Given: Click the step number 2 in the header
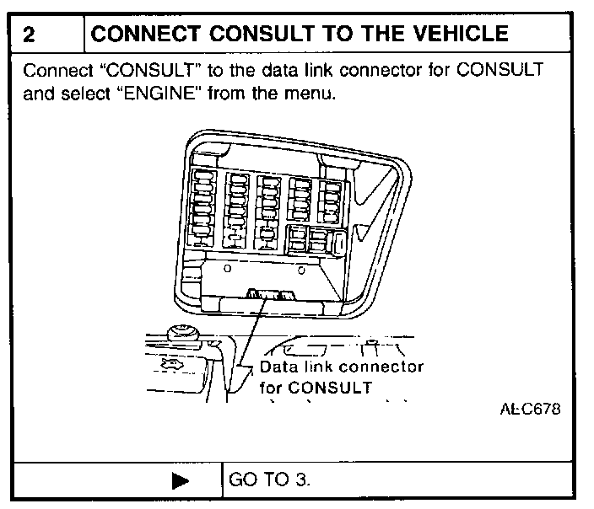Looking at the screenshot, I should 27,35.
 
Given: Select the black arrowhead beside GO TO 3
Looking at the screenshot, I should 180,481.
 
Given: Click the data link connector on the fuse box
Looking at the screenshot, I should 267,294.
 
